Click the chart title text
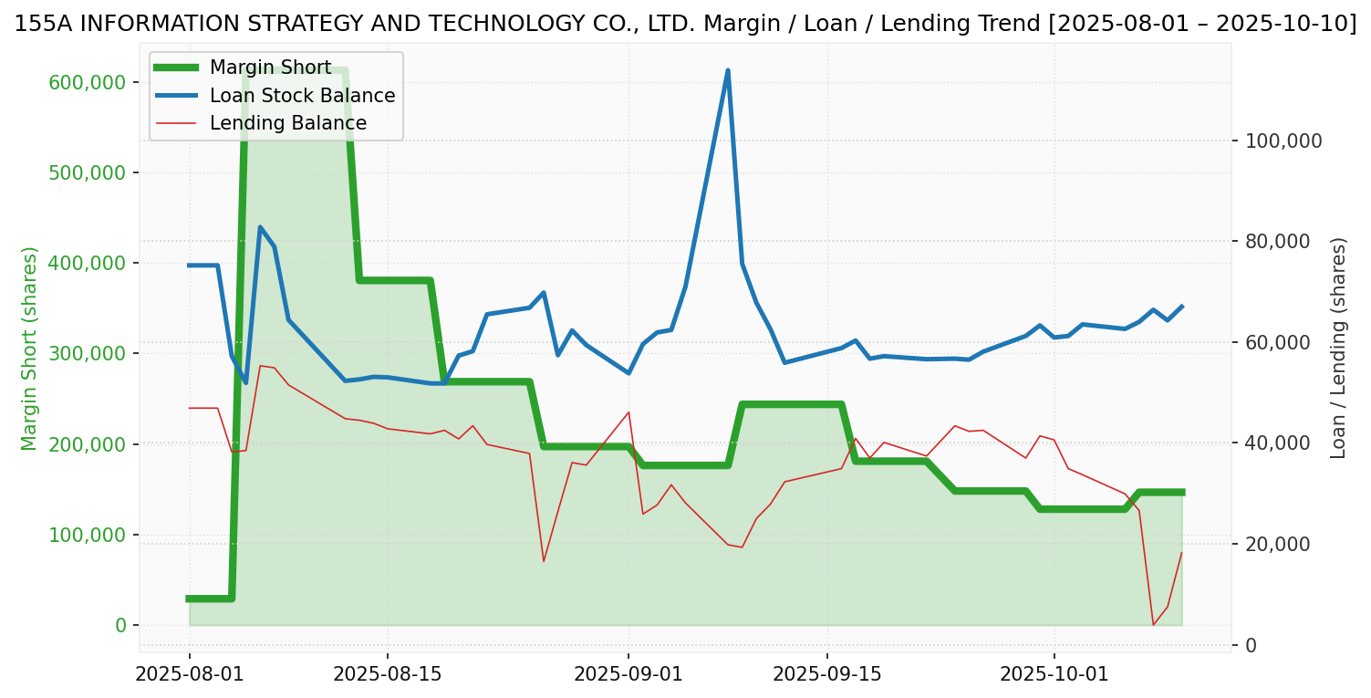[685, 24]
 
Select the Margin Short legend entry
[270, 68]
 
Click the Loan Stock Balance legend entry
[302, 96]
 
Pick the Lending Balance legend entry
[287, 123]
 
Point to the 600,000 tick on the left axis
[88, 82]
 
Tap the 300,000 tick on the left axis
[88, 353]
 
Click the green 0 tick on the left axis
[120, 625]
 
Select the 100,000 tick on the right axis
[1283, 141]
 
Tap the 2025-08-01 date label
[190, 674]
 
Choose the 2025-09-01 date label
[628, 674]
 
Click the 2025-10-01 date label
[1054, 674]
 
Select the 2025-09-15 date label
[827, 674]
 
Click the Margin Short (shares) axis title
[30, 349]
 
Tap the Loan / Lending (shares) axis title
[1338, 348]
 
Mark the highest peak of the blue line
[728, 70]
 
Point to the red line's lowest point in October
[1153, 625]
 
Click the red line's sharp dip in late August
[544, 561]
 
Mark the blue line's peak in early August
[260, 227]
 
